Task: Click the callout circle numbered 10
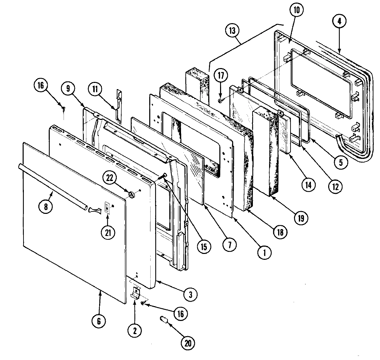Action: point(296,10)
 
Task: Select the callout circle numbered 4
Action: point(339,21)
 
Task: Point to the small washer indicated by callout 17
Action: point(220,101)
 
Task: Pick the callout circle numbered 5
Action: point(341,162)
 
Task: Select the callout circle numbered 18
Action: point(279,232)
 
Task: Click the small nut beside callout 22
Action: point(132,195)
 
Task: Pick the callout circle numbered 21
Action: point(107,233)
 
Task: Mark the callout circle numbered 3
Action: point(190,294)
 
